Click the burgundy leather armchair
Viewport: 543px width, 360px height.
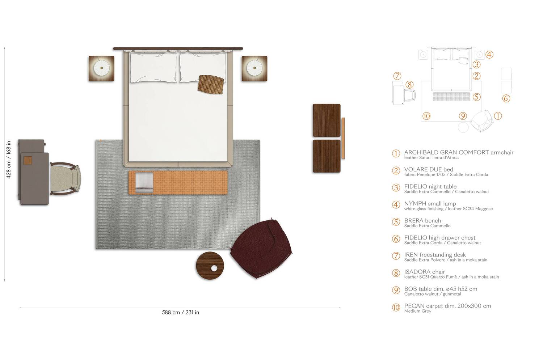pyautogui.click(x=261, y=250)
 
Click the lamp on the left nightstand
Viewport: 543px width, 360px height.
pyautogui.click(x=101, y=68)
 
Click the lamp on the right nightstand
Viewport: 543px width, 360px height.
pyautogui.click(x=254, y=68)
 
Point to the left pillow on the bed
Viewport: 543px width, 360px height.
pyautogui.click(x=153, y=68)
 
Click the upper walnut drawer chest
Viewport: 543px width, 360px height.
pyautogui.click(x=327, y=120)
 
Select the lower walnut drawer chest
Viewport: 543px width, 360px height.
pyautogui.click(x=327, y=156)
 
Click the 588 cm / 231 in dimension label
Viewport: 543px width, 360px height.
pyautogui.click(x=180, y=313)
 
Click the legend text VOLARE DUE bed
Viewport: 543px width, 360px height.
pyautogui.click(x=429, y=169)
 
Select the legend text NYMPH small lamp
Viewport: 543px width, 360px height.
pyautogui.click(x=430, y=203)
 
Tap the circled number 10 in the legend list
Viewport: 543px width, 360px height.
pyautogui.click(x=396, y=308)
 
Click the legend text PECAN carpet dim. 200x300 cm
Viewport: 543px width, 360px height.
pyautogui.click(x=447, y=306)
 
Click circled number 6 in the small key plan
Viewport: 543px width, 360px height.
pyautogui.click(x=506, y=98)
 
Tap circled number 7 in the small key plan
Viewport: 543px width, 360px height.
pyautogui.click(x=397, y=76)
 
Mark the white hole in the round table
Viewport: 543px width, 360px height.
pyautogui.click(x=214, y=268)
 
